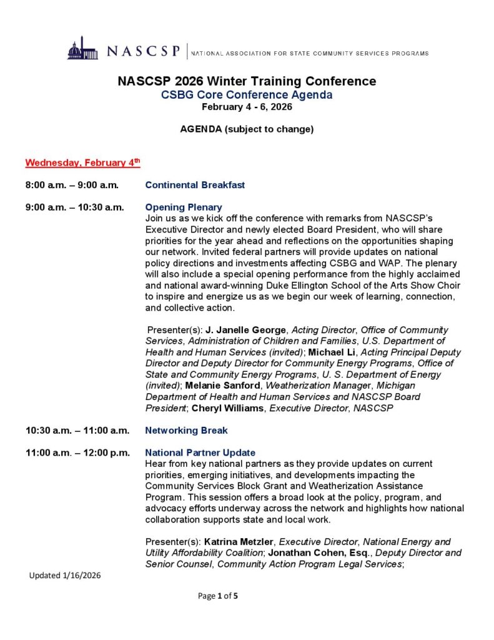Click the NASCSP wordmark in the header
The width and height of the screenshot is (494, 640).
(144, 51)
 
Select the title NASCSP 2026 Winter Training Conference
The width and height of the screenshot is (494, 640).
(247, 81)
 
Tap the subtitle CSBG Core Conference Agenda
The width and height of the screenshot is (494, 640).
(247, 95)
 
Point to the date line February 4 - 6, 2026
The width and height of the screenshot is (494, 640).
(247, 107)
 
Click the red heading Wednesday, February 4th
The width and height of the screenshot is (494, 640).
(82, 163)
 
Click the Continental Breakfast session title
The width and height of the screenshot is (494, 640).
(195, 185)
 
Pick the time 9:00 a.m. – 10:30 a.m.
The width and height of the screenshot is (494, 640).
(75, 207)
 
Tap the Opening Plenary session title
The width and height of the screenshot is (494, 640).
(184, 207)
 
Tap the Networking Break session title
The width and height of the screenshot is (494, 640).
(186, 431)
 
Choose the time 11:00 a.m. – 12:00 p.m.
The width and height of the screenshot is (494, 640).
(77, 452)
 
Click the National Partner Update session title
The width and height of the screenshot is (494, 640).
(200, 452)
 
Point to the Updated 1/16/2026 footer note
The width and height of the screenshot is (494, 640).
(65, 576)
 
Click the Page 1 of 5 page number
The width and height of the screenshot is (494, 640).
(218, 596)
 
